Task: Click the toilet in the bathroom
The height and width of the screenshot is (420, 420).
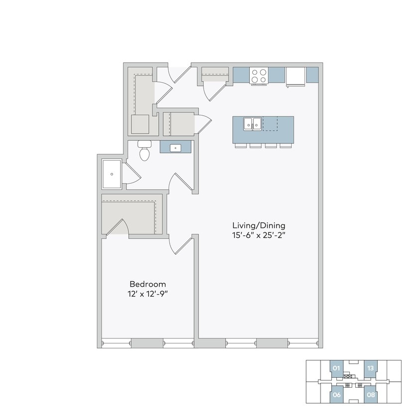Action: pos(144,150)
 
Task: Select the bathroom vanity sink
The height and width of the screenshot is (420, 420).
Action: pos(176,147)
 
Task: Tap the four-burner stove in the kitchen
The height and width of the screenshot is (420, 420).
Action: pos(259,75)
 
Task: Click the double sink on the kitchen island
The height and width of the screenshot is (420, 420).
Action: pos(253,123)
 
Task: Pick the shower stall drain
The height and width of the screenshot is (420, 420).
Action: pos(112,174)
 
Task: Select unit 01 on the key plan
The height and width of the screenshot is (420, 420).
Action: pos(336,369)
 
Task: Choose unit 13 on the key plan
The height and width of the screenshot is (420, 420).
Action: pos(370,369)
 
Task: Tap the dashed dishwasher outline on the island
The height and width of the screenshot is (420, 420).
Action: pos(270,123)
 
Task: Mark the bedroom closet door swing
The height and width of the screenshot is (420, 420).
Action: pos(119,227)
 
